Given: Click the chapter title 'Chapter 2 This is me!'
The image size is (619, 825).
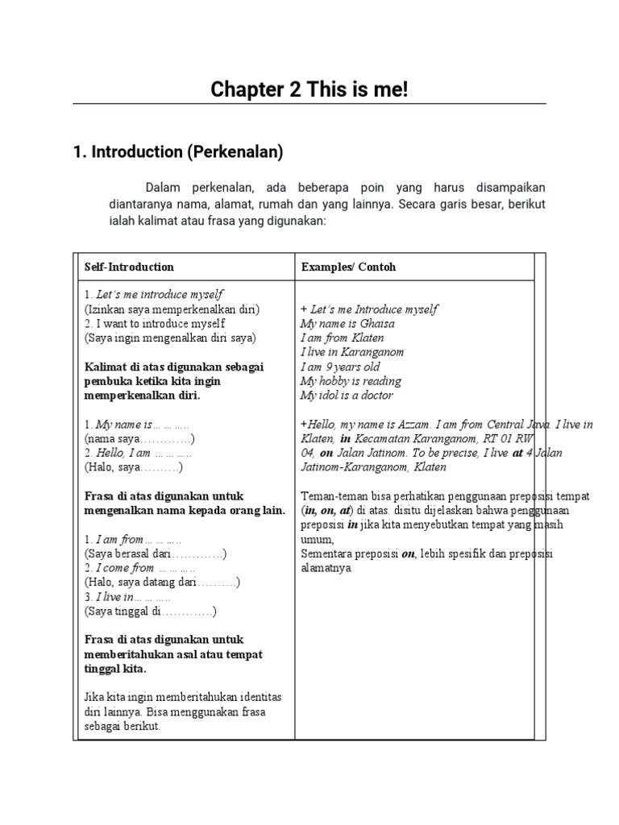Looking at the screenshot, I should coord(309,89).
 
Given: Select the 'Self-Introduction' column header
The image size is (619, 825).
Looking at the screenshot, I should coord(129,267).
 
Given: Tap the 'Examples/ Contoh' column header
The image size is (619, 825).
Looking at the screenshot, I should coord(348,267).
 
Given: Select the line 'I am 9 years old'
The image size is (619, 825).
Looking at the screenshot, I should coord(339,367).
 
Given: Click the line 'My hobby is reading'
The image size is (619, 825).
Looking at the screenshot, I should coord(350,381).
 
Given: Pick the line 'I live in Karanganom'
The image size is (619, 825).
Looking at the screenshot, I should coord(351,352).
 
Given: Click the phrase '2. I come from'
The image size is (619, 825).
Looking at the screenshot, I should coord(120,568).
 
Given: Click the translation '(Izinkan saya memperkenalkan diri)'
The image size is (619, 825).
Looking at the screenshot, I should coord(172,309).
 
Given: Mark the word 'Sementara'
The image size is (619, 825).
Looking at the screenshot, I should coord(328,553).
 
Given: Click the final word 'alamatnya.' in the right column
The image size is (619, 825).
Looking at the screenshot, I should coord(326,568).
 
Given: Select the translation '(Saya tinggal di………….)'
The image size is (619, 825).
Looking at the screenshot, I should coord(150,611).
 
